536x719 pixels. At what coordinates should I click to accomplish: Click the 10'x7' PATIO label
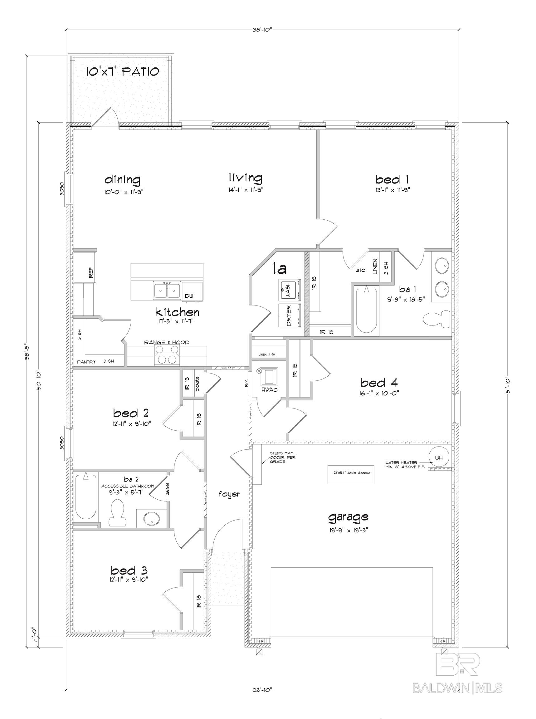pos(122,71)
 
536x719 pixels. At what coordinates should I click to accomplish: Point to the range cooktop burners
pos(167,355)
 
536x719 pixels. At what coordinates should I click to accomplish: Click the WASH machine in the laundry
pos(289,289)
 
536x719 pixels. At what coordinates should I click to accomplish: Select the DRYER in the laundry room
pos(289,316)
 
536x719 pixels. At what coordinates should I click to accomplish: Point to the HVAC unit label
pos(269,390)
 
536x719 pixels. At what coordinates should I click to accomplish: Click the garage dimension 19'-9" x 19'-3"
pos(348,530)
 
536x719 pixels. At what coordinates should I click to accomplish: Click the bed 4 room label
pos(379,383)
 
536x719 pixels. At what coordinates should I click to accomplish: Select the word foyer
pos(229,494)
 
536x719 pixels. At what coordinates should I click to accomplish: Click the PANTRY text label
pos(86,362)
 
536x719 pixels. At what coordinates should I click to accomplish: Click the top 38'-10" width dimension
pos(262,30)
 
